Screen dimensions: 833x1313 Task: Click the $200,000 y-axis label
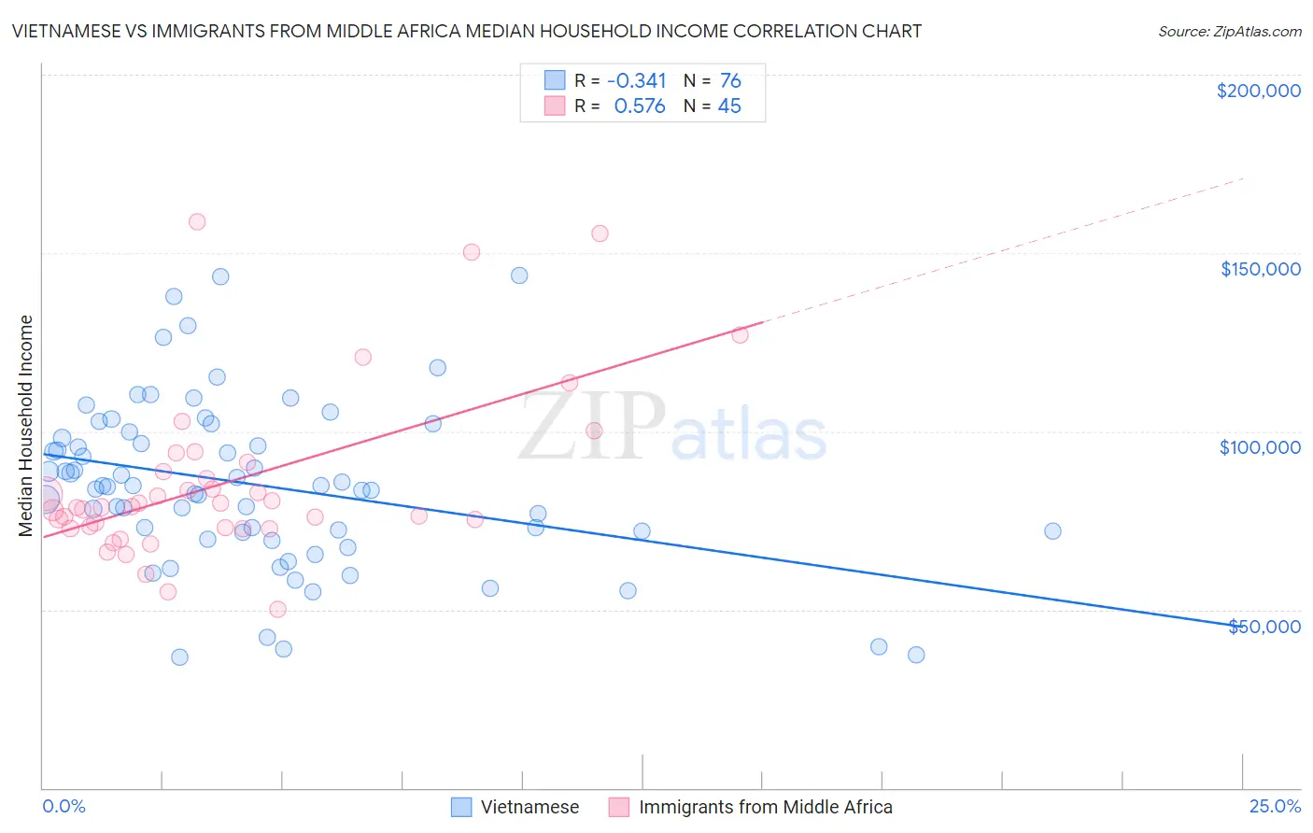pyautogui.click(x=1258, y=91)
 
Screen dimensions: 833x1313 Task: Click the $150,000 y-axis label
pyautogui.click(x=1260, y=269)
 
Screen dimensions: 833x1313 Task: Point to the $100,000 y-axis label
pyautogui.click(x=1260, y=447)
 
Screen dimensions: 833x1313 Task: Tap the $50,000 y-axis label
pyautogui.click(x=1264, y=626)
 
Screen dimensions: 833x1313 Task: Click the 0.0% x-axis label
pyautogui.click(x=64, y=806)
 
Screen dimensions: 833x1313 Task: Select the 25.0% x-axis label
pyautogui.click(x=1275, y=806)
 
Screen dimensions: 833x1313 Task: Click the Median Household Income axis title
pyautogui.click(x=25, y=426)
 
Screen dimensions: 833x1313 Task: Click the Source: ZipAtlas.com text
pyautogui.click(x=1229, y=31)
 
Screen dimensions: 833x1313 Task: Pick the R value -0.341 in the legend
pyautogui.click(x=636, y=80)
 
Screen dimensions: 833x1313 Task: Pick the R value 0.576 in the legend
pyautogui.click(x=640, y=106)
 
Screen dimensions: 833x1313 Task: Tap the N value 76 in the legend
pyautogui.click(x=730, y=80)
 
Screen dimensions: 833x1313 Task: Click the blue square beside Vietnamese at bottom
pyautogui.click(x=461, y=807)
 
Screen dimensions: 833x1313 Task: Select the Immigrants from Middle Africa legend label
pyautogui.click(x=765, y=807)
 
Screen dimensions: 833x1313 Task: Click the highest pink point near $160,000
pyautogui.click(x=197, y=221)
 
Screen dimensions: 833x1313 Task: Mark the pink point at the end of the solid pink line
pyautogui.click(x=740, y=334)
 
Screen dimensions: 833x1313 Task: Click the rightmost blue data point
pyautogui.click(x=1052, y=531)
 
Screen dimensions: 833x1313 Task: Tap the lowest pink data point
pyautogui.click(x=277, y=609)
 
